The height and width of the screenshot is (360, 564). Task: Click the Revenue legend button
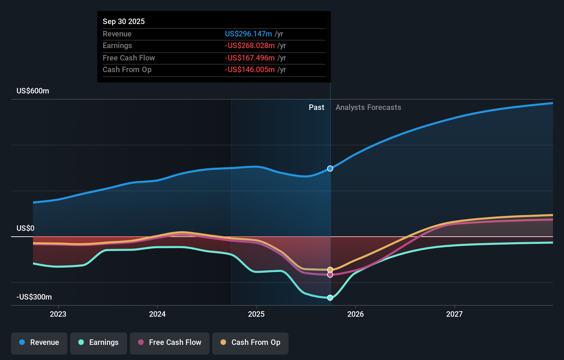click(x=39, y=343)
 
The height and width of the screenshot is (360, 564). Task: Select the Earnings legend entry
click(x=99, y=343)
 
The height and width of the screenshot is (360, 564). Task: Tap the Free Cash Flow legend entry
click(x=170, y=343)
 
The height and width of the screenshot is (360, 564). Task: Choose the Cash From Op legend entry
click(x=250, y=343)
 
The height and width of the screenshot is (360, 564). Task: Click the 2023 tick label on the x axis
click(x=58, y=314)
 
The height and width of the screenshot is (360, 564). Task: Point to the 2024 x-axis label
click(x=157, y=314)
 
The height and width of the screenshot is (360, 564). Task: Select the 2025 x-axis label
click(x=256, y=314)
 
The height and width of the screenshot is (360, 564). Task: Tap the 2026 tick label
click(x=356, y=314)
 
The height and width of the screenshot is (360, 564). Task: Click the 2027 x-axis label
click(x=454, y=314)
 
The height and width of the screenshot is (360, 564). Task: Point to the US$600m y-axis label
click(x=33, y=91)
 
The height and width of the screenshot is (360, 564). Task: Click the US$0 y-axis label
click(x=25, y=228)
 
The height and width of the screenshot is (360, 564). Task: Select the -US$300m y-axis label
click(x=34, y=297)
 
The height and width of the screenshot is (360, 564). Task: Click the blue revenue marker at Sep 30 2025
click(x=330, y=169)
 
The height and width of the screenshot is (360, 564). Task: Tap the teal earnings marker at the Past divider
click(x=330, y=298)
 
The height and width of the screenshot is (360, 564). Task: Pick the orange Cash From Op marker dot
click(x=330, y=270)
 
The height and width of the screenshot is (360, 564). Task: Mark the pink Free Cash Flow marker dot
click(x=330, y=275)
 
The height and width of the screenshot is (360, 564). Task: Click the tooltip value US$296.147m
click(x=248, y=34)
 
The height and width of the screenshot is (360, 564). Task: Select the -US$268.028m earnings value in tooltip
click(x=250, y=46)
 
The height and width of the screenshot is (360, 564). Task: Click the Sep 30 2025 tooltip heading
click(x=124, y=22)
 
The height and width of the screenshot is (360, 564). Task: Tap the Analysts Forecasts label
click(x=368, y=108)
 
